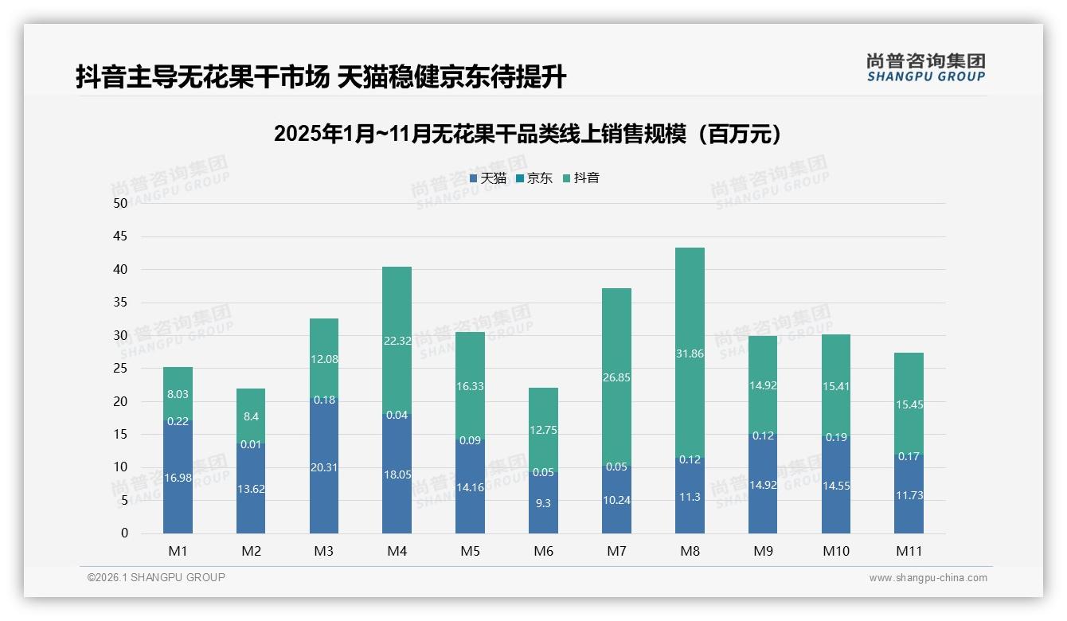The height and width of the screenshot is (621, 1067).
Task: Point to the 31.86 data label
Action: (x=690, y=353)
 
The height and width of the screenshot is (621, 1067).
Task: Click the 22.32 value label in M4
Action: (x=397, y=341)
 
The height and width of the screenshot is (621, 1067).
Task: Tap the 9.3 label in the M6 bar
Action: (x=543, y=503)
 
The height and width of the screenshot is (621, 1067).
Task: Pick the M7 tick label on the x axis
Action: (x=616, y=551)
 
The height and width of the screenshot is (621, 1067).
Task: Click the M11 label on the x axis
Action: (x=909, y=551)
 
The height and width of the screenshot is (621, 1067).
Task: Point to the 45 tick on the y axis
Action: (x=120, y=236)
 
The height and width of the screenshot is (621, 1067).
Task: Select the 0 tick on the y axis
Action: (x=124, y=533)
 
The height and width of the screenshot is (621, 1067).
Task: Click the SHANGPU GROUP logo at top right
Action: (x=925, y=68)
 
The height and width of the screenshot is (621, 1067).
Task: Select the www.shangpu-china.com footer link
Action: (x=928, y=578)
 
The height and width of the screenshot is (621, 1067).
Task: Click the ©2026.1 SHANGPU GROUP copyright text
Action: (x=156, y=577)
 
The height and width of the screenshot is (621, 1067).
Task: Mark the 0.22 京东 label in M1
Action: (x=178, y=421)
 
